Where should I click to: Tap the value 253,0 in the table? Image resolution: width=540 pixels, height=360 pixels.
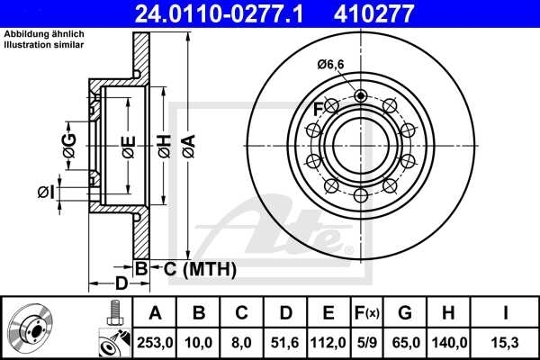[x=156, y=343]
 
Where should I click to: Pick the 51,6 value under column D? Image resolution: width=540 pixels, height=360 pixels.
[x=285, y=343]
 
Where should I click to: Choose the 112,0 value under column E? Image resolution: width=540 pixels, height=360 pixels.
[x=328, y=343]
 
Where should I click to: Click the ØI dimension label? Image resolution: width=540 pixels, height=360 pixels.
[x=46, y=191]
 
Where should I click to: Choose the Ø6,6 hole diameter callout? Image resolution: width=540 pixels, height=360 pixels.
[x=330, y=64]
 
